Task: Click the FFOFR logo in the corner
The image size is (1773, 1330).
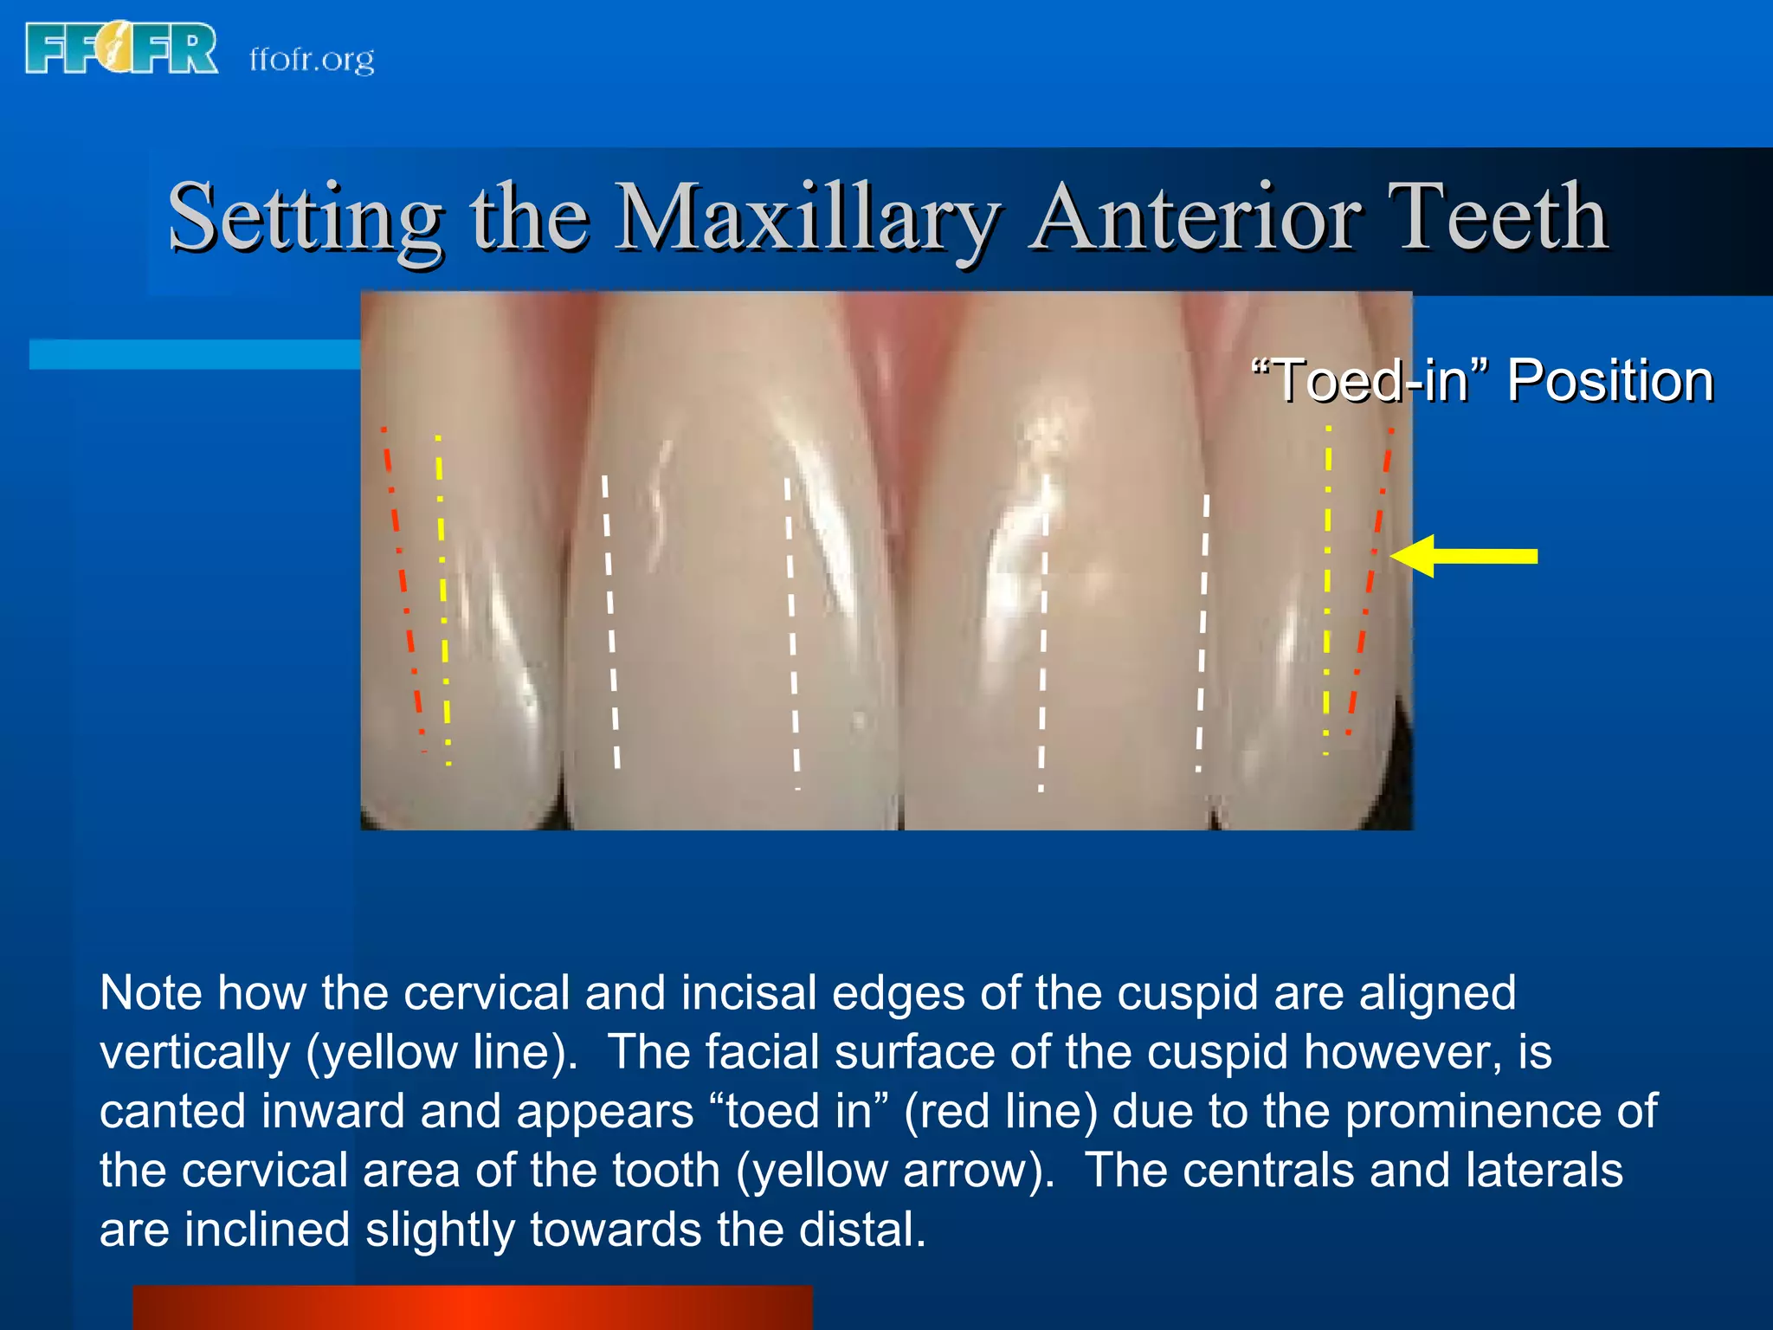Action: point(121,49)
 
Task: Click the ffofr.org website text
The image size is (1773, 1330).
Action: point(312,59)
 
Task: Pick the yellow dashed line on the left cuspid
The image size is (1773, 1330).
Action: point(442,589)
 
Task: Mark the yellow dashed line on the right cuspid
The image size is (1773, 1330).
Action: point(1327,589)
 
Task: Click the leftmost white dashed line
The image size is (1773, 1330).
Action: point(610,619)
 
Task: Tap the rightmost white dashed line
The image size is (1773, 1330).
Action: point(1202,628)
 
